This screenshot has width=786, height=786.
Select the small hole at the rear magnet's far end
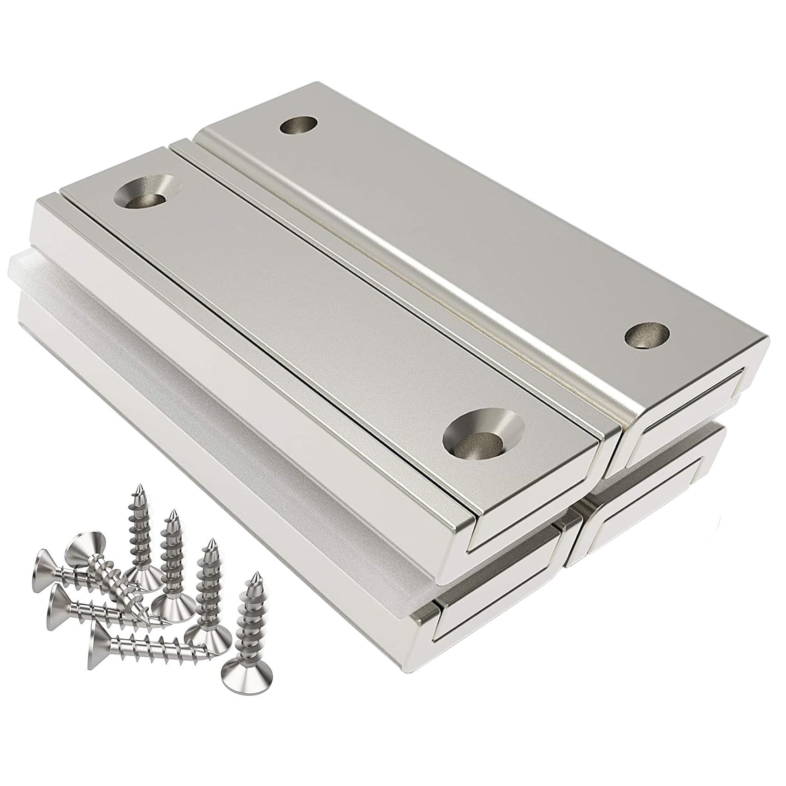[x=300, y=125]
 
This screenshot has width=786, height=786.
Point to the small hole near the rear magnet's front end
[x=646, y=335]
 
